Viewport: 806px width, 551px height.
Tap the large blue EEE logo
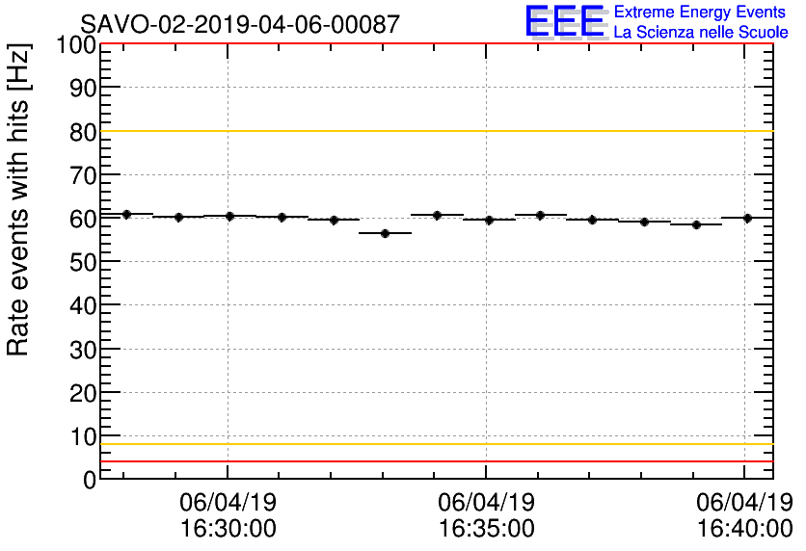(x=565, y=22)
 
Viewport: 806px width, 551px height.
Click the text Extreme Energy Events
(x=700, y=13)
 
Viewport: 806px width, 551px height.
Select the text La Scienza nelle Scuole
(x=700, y=33)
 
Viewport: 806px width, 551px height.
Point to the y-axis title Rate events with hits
(x=19, y=198)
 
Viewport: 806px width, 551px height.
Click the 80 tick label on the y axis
(x=83, y=132)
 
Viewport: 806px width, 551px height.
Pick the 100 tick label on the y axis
(x=76, y=45)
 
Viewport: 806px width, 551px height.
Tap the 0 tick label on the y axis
(x=90, y=480)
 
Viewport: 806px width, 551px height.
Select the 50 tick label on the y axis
(x=83, y=262)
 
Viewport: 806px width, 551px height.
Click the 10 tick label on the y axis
(x=83, y=436)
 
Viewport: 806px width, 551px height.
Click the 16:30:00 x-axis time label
(x=228, y=528)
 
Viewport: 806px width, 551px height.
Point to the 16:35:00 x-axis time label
(x=486, y=528)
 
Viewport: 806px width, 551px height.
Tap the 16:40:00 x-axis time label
(x=743, y=528)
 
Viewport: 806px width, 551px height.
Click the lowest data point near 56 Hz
(x=385, y=233)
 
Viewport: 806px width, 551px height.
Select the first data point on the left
(x=126, y=214)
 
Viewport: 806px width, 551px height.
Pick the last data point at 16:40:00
(x=747, y=218)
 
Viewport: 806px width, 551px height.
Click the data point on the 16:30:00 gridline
(x=229, y=216)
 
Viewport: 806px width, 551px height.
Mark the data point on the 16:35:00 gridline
(x=489, y=220)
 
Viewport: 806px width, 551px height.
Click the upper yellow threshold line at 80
(x=434, y=131)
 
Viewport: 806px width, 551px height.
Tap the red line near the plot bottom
(x=434, y=461)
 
